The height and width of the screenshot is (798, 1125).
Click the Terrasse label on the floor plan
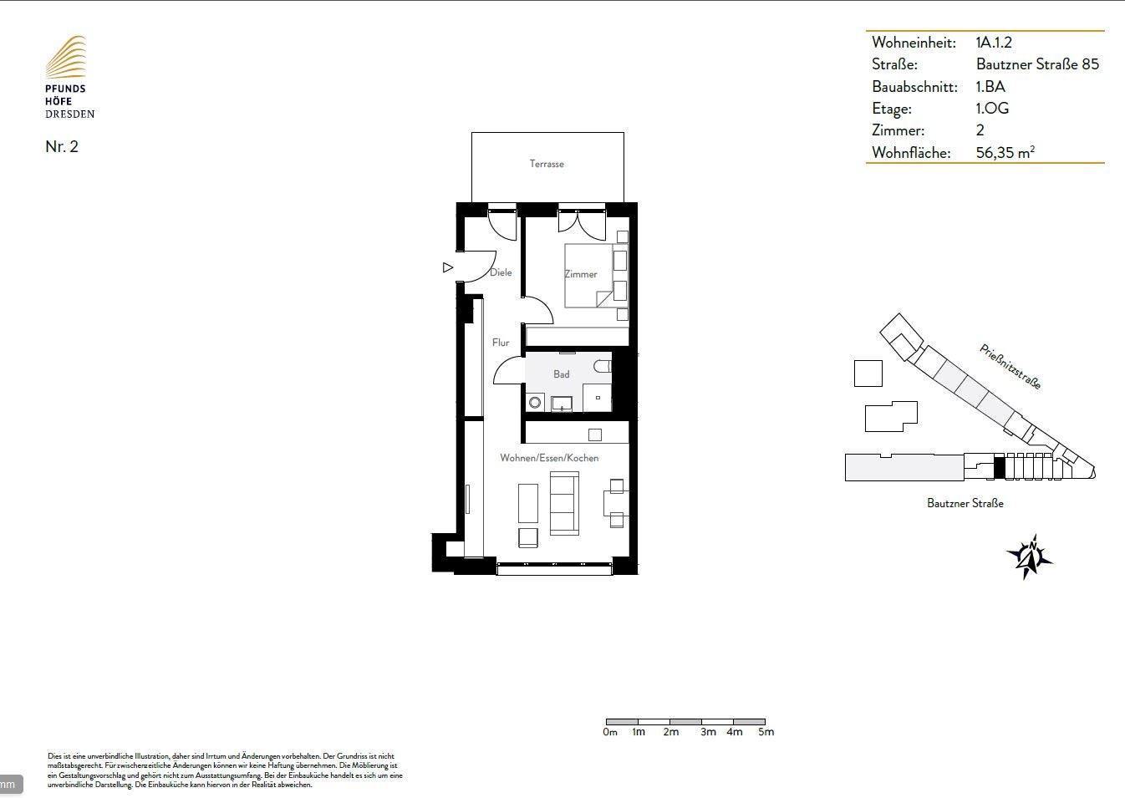pos(547,164)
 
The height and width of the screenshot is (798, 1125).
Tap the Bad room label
pos(561,374)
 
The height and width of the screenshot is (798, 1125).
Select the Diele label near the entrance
pos(501,272)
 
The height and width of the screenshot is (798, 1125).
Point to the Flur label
pos(500,343)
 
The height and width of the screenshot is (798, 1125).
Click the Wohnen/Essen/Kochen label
pos(549,458)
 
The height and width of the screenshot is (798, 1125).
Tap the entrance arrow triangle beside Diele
pos(448,267)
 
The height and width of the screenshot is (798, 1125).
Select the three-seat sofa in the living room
pos(564,503)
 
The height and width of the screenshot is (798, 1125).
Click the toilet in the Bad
pos(602,366)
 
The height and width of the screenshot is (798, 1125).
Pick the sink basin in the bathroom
pos(562,404)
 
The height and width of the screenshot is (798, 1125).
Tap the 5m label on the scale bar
pos(766,732)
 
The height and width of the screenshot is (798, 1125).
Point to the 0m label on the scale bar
pos(610,732)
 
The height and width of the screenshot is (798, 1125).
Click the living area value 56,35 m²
pos(1005,152)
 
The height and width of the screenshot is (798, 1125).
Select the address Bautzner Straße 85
pos(1037,64)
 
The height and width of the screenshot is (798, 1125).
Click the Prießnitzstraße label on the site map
pos(1010,367)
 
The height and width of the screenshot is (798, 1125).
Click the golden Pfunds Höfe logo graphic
pos(66,57)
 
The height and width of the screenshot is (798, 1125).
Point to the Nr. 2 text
pos(62,146)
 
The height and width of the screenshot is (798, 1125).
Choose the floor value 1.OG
pos(992,109)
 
